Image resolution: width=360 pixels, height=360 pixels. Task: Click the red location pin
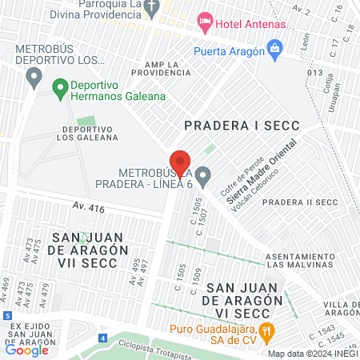180,162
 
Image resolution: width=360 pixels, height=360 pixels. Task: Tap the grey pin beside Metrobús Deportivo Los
34,77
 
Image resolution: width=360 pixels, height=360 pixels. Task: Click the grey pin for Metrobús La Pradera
203,174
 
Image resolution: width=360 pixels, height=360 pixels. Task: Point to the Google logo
27,350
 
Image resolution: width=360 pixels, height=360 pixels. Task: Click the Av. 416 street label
89,208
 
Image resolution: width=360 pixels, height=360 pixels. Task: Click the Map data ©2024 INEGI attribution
311,354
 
